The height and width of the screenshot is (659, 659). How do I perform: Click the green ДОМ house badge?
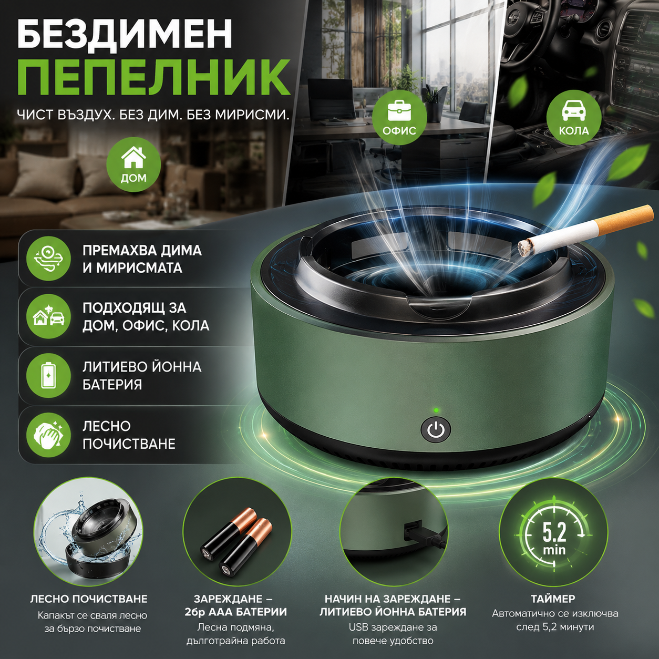tap(133, 165)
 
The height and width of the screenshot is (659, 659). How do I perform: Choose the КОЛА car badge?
tap(573, 117)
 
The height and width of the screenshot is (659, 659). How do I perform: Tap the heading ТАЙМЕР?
tap(553, 599)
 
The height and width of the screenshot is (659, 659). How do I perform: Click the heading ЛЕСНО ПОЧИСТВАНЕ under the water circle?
tap(89, 599)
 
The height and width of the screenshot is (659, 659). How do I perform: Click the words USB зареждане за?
tap(393, 627)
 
